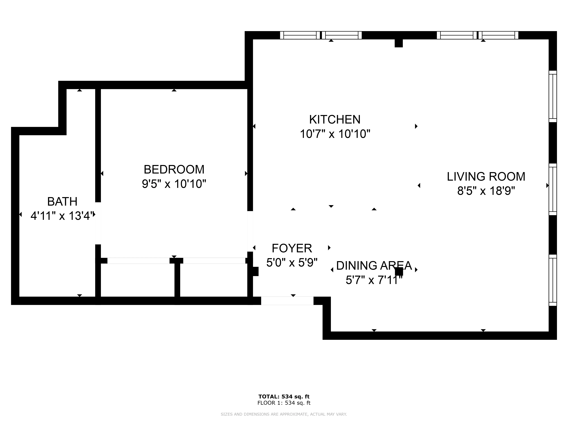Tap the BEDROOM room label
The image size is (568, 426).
[x=174, y=169]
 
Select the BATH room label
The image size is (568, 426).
[x=62, y=202]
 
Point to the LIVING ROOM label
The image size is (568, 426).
[x=486, y=177]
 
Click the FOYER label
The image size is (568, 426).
[x=292, y=248]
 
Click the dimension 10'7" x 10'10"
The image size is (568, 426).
[x=335, y=134]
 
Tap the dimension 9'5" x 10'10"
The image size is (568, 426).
[x=174, y=184]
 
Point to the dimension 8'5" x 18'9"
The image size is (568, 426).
[x=486, y=191]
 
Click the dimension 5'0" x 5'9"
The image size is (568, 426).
[x=292, y=263]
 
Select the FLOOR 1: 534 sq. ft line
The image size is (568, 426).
[x=284, y=403]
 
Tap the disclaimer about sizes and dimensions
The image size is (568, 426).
[x=284, y=414]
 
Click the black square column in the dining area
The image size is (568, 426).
[x=399, y=271]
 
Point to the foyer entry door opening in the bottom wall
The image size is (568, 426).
[x=287, y=301]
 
